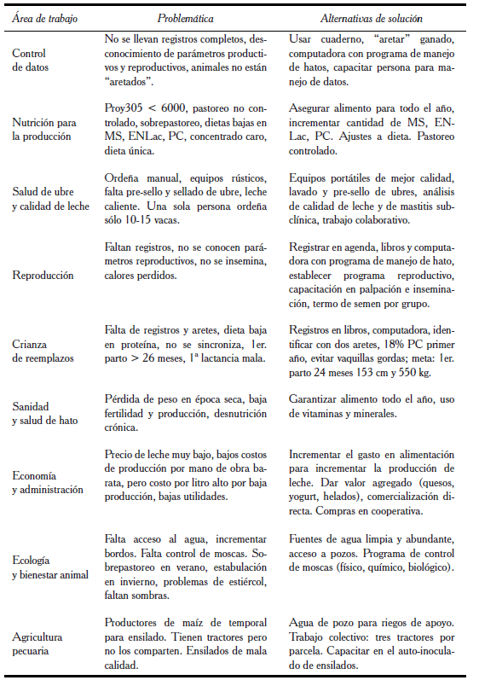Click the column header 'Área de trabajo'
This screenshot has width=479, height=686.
click(39, 17)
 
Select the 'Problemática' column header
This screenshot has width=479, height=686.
click(185, 17)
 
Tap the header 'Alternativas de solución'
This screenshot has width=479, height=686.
click(371, 17)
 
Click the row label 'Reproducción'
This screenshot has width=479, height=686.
click(43, 276)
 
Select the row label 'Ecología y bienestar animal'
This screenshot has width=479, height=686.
click(50, 567)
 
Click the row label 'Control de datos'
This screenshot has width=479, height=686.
click(31, 60)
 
